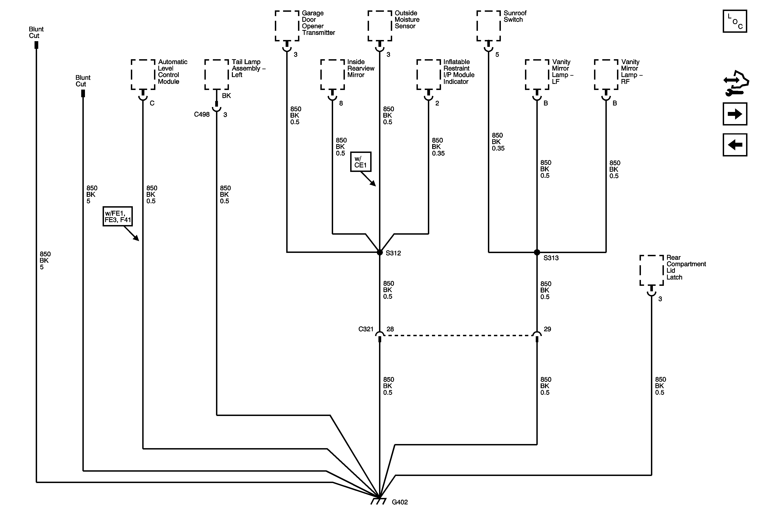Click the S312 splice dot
pyautogui.click(x=379, y=252)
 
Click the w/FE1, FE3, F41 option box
pyautogui.click(x=117, y=216)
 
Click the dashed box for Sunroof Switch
pyautogui.click(x=488, y=26)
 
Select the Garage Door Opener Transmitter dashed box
pyautogui.click(x=287, y=26)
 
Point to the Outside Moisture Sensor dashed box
pyautogui.click(x=379, y=26)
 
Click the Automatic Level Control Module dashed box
pyautogui.click(x=143, y=74)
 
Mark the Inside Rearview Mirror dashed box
pyautogui.click(x=332, y=74)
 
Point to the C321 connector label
pyautogui.click(x=366, y=329)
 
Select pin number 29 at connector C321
pyautogui.click(x=547, y=329)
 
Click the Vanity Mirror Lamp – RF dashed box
pyautogui.click(x=606, y=74)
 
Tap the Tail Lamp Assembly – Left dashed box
pyautogui.click(x=217, y=74)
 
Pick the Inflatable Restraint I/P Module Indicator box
pyautogui.click(x=428, y=74)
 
